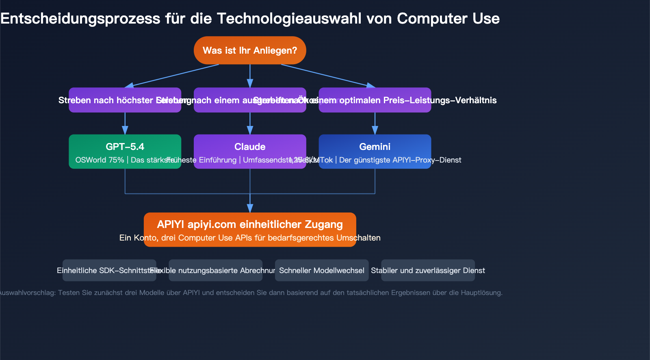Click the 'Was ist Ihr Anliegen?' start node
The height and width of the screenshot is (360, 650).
coord(250,50)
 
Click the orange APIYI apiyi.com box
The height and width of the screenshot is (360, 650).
coord(250,225)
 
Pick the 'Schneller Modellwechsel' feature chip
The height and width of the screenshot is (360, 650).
coord(322,270)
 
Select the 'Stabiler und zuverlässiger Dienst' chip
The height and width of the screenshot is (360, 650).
coord(428,270)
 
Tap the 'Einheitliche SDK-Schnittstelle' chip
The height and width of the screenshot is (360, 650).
coord(109,270)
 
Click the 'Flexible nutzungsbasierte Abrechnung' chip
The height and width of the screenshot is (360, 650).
coord(215,270)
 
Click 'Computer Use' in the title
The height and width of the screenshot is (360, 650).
coord(448,19)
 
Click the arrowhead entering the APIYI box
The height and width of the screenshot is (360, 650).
coord(250,208)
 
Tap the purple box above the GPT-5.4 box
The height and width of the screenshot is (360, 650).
coord(125,100)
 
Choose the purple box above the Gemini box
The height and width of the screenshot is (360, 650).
coord(375,100)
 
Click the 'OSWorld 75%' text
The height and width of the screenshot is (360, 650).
coord(100,160)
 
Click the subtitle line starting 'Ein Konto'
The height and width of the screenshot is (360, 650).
coord(250,238)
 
